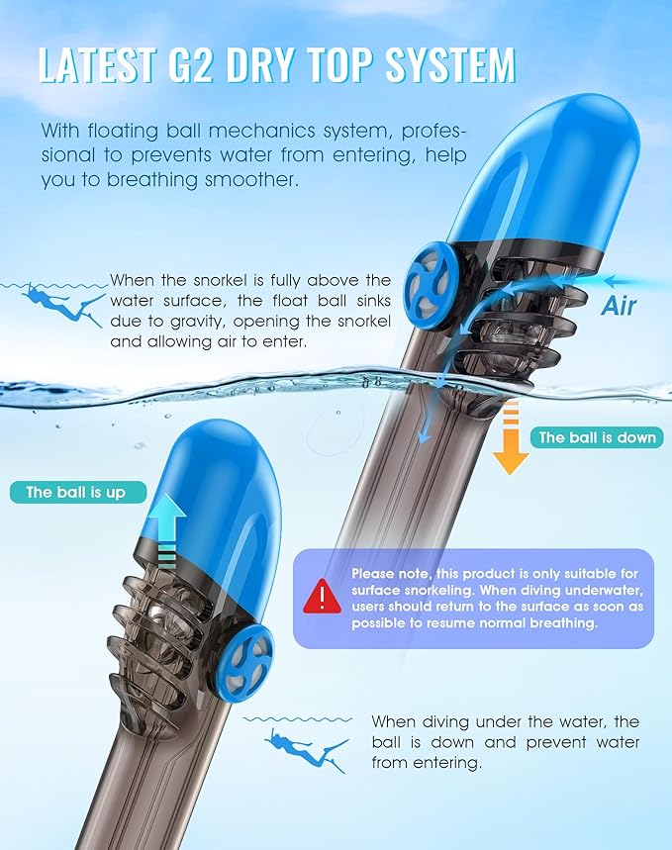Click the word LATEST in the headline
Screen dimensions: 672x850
click(98, 65)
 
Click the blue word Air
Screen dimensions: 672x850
click(619, 306)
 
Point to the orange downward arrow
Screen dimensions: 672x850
click(511, 439)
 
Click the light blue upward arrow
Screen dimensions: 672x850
click(167, 530)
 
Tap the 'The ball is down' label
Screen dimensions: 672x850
click(597, 437)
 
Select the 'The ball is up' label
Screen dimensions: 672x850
click(77, 492)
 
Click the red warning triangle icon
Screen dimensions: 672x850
click(323, 597)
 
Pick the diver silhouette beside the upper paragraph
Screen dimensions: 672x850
click(62, 304)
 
